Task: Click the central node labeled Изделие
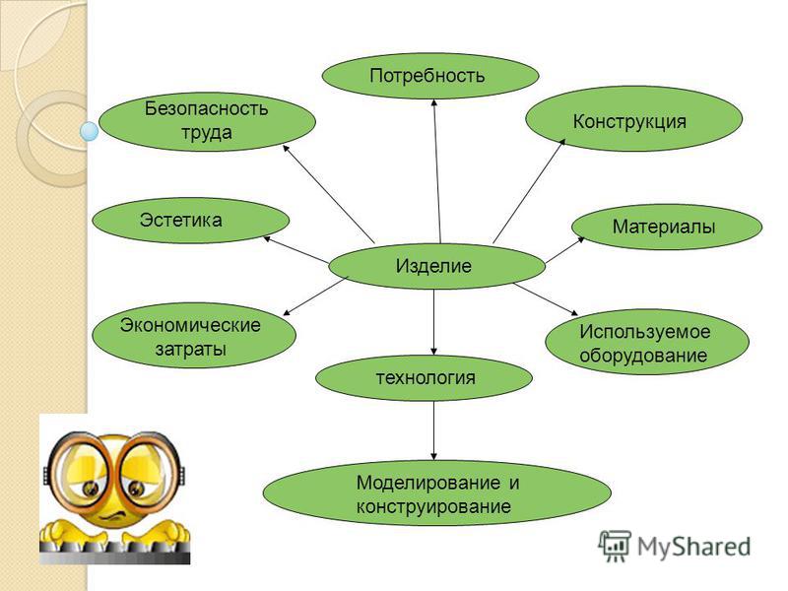point(436,266)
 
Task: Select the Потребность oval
point(430,76)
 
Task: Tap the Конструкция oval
point(633,119)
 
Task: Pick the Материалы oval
point(667,227)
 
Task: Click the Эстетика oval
point(191,220)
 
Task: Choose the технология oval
point(424,378)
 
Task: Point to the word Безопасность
point(206,108)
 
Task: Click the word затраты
point(191,349)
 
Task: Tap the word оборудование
point(643,356)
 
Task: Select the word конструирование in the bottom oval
point(433,505)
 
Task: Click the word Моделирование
point(428,483)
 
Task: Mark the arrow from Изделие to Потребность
point(437,170)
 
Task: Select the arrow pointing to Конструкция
point(529,191)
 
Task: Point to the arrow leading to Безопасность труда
point(329,194)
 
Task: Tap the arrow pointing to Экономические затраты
point(315,296)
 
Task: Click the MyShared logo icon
point(614,546)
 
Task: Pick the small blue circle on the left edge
point(90,132)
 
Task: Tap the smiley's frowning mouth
point(114,515)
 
